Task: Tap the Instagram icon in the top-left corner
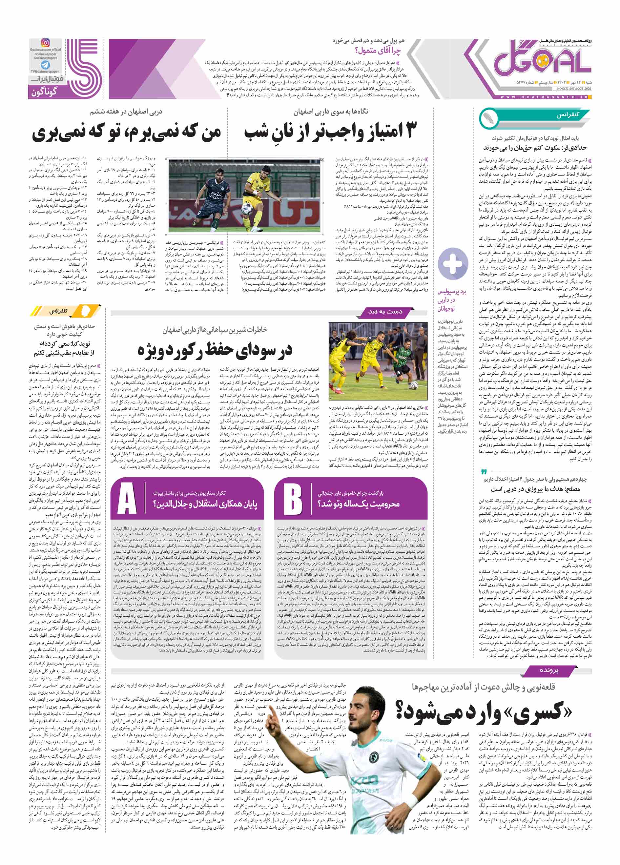45,43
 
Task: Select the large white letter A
127,498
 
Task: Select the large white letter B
293,498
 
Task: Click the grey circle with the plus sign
453,263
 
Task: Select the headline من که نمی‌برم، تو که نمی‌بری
127,133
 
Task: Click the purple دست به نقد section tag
385,312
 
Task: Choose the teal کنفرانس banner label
568,114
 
